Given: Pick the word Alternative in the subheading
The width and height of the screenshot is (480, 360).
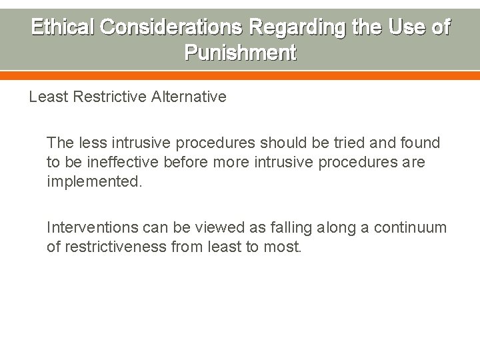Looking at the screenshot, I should click(189, 97).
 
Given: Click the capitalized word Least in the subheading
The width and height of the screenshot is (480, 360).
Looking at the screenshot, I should click(46, 97).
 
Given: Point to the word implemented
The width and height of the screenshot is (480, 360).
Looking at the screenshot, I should click(94, 181).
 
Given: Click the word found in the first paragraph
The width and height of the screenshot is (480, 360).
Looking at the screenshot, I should click(421, 143).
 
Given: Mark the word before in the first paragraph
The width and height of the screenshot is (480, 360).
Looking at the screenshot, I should click(179, 162).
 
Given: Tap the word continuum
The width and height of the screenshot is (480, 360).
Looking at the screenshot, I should click(412, 228).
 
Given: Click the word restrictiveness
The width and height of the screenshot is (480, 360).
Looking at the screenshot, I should click(115, 247).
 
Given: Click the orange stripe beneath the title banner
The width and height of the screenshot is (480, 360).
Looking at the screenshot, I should click(240, 75).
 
